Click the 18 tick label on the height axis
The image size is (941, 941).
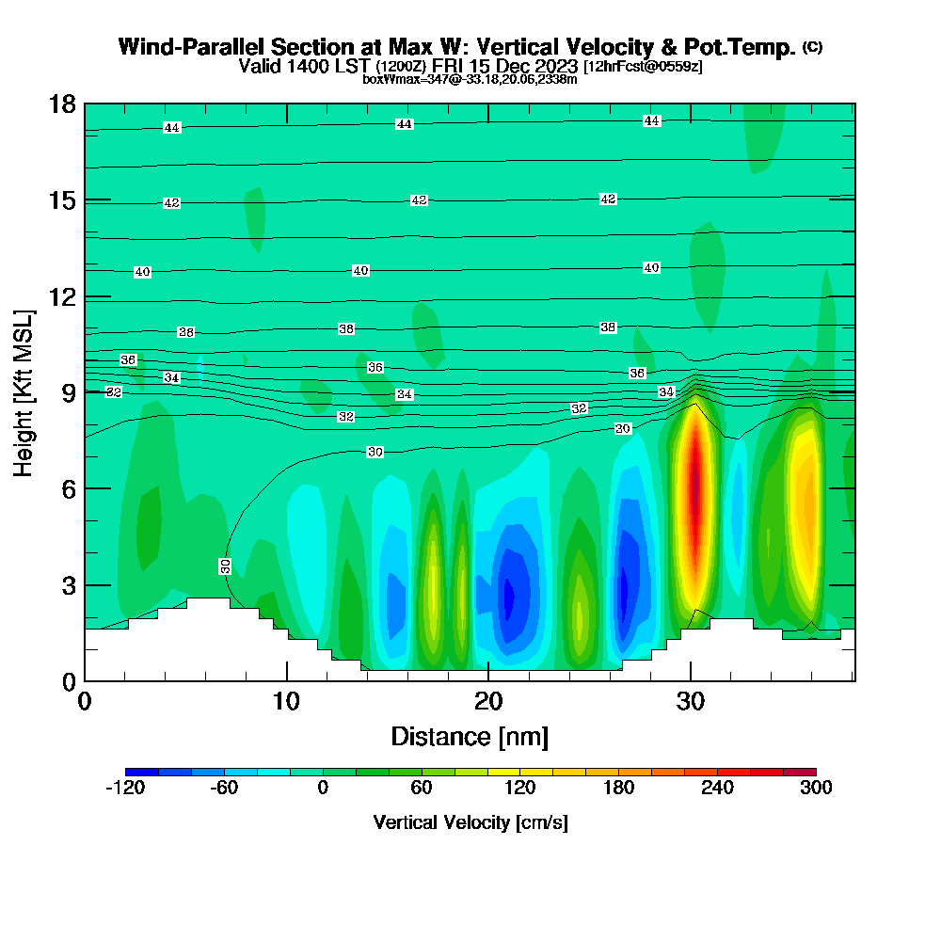tap(62, 104)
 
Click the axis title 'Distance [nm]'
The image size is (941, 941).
tap(470, 736)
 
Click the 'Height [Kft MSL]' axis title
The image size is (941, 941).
tap(23, 391)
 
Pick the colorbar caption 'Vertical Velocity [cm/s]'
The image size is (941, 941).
tap(470, 822)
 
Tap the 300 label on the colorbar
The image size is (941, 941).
tap(816, 789)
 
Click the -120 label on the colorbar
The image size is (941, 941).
tap(125, 789)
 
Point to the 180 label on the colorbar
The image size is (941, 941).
tap(618, 789)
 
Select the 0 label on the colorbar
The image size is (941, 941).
tap(323, 789)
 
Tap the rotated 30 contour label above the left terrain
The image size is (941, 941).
tap(226, 566)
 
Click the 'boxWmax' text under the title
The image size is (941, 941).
tap(386, 80)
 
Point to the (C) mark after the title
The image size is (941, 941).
tap(812, 47)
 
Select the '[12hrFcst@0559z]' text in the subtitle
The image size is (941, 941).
tap(643, 67)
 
